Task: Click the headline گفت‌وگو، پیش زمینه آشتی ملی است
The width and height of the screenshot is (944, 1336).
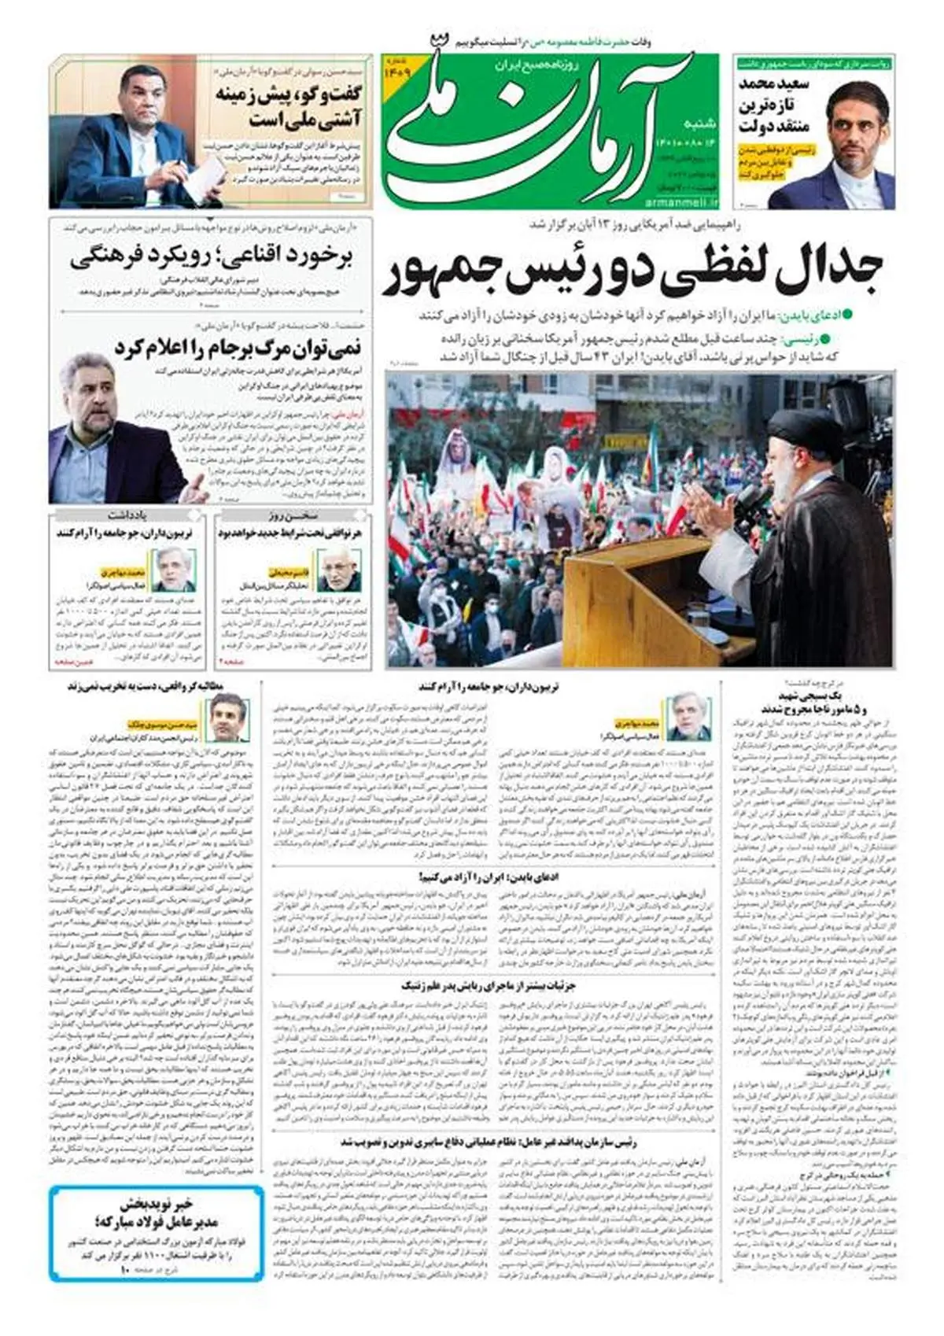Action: [289, 107]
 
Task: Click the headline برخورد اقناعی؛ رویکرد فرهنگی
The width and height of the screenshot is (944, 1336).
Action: [211, 259]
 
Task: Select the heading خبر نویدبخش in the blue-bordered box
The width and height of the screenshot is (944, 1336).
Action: [156, 1204]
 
